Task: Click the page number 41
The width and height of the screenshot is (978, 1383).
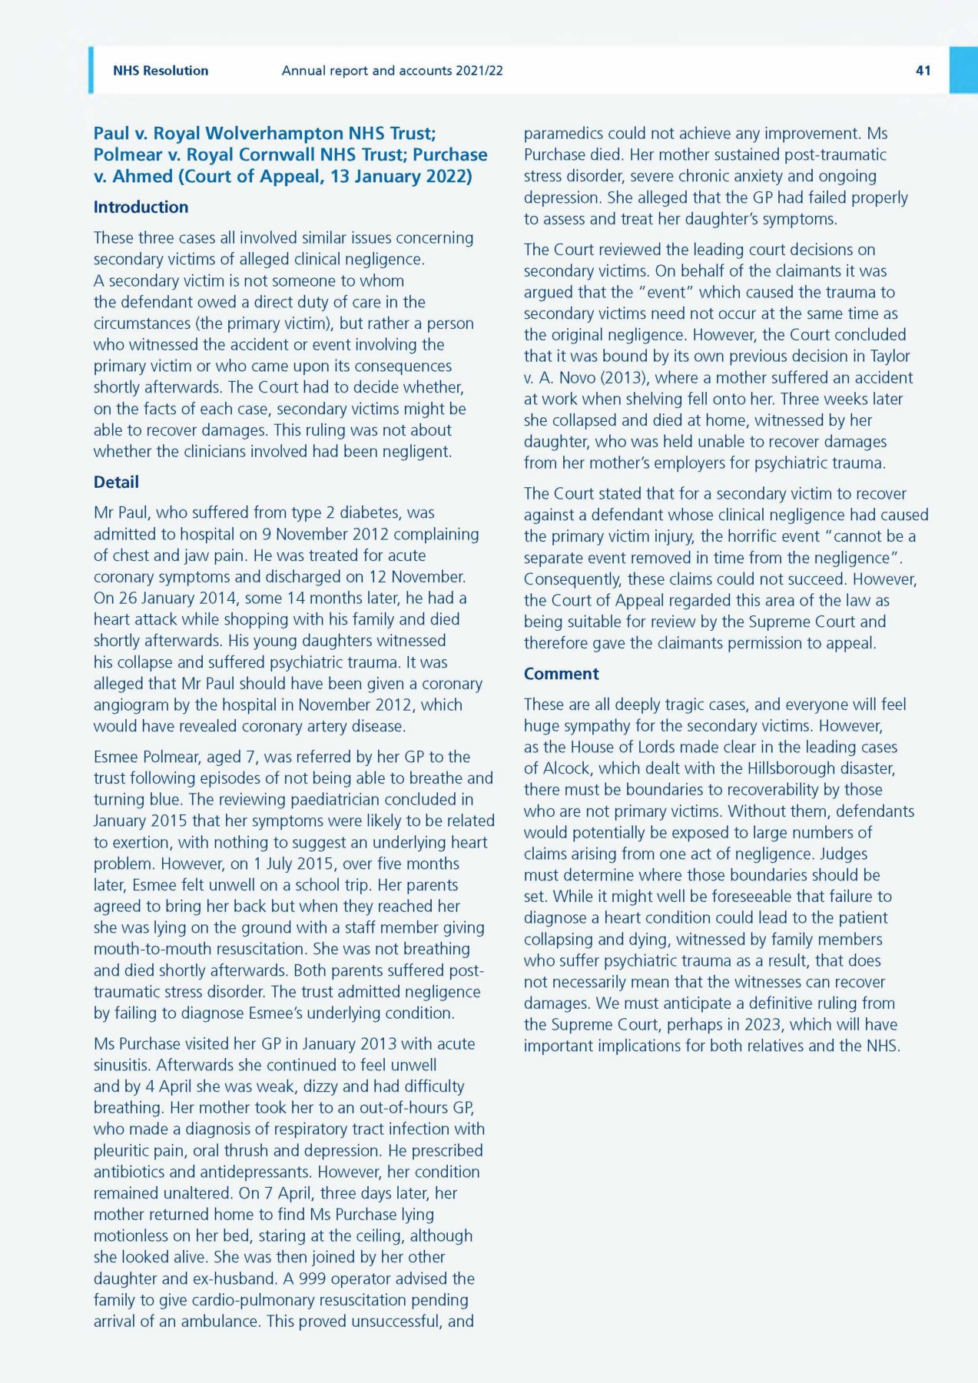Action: click(x=923, y=71)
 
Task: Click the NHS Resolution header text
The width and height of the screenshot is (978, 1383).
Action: click(x=161, y=71)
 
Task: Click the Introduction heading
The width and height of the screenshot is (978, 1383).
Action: click(x=141, y=207)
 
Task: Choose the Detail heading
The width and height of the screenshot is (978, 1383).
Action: click(x=116, y=482)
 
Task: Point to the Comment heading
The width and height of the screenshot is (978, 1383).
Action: click(x=561, y=674)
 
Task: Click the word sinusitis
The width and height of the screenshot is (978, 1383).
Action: click(x=122, y=1065)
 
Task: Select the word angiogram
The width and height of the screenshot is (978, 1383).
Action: click(x=132, y=705)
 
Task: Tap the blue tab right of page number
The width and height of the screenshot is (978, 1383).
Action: click(x=963, y=71)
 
